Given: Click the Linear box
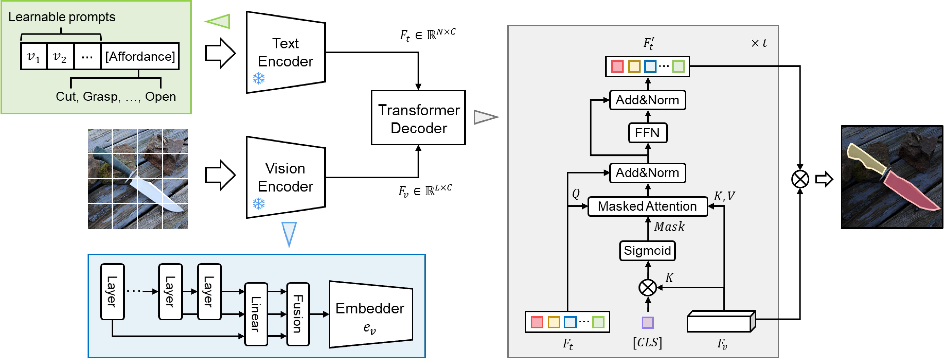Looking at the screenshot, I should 256,314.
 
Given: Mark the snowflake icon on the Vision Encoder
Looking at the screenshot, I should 259,204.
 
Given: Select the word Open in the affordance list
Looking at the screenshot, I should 160,97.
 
